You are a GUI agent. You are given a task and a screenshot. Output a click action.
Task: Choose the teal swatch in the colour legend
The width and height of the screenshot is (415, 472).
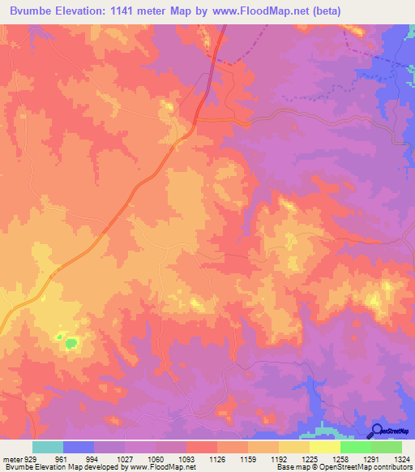click(x=48, y=447)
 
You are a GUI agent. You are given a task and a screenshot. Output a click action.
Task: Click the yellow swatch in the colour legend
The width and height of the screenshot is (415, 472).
click(x=324, y=447)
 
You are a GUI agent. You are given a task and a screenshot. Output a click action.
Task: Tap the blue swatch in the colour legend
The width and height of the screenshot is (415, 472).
click(x=79, y=447)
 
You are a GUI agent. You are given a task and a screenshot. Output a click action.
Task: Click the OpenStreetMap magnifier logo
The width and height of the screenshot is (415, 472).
click(x=378, y=431)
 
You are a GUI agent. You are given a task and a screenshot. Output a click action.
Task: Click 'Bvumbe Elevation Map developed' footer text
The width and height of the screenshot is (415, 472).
click(x=57, y=466)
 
